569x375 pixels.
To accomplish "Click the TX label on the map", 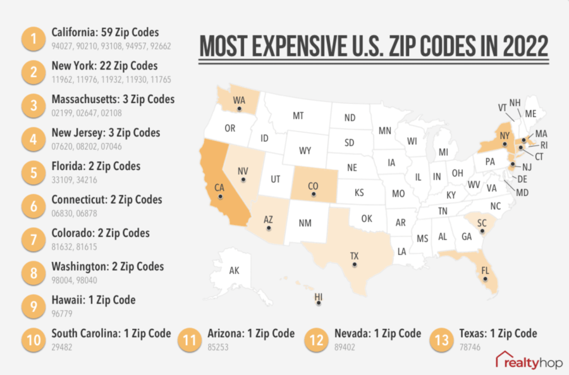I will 354,255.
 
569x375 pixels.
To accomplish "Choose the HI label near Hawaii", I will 318,295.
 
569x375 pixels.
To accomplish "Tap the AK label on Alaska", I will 234,271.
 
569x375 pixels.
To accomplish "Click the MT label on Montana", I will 298,116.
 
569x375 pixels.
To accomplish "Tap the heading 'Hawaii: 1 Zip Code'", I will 94,300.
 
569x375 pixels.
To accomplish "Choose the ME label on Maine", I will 530,114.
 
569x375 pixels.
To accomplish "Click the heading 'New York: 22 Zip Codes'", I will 104,66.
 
